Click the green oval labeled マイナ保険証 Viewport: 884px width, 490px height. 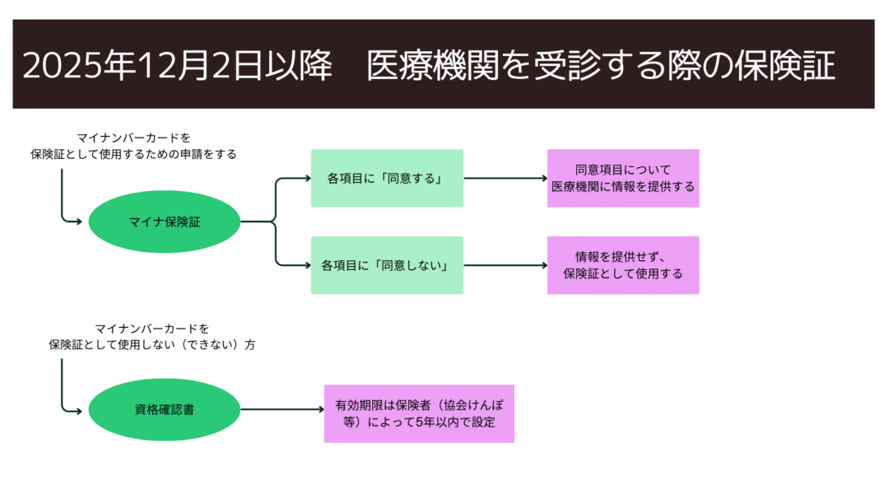164,222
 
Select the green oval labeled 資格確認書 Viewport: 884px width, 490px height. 164,409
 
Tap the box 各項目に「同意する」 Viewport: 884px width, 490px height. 388,178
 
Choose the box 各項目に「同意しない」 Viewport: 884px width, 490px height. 388,265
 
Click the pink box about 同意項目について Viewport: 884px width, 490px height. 623,178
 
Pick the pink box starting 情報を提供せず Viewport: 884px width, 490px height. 623,265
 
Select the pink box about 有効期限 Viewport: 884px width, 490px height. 419,413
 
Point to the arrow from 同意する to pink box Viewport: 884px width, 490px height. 505,178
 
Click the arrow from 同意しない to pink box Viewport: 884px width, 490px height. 505,265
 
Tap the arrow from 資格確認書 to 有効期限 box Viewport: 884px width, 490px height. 282,409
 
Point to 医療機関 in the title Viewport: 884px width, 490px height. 433,65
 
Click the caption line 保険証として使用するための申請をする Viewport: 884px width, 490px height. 133,154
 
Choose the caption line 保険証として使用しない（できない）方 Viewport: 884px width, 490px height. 151,344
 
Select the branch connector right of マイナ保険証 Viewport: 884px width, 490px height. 276,222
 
